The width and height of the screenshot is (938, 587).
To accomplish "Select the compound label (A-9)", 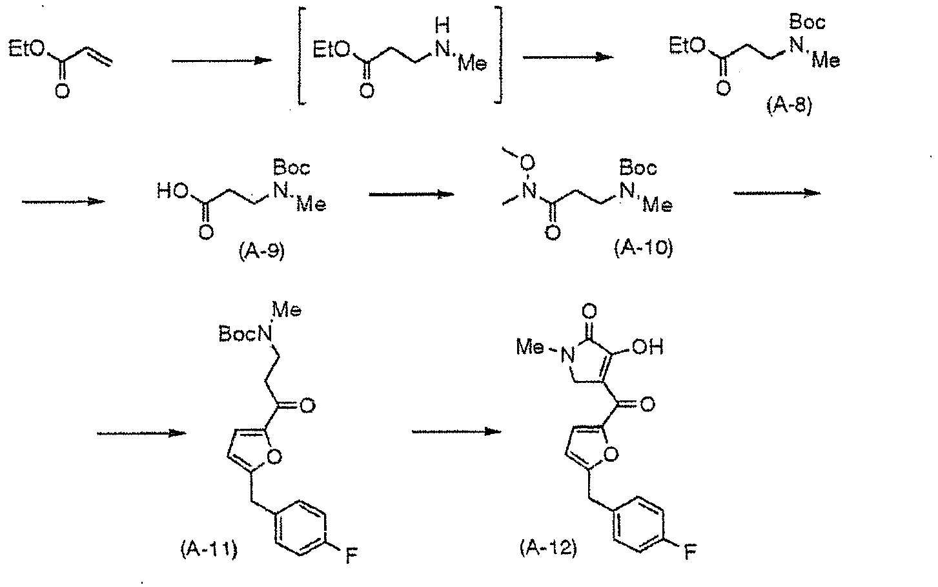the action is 261,251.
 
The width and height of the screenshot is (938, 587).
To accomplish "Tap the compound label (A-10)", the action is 644,248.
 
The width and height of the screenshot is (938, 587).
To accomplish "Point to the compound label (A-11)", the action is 209,548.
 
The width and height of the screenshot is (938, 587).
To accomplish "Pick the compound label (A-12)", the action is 549,548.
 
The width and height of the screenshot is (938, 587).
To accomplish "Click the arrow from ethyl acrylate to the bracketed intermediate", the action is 222,61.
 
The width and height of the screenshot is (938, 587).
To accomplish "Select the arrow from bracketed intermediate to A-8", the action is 568,57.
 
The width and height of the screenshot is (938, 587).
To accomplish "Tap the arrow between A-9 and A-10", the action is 412,194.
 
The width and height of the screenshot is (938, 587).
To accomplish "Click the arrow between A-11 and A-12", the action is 456,431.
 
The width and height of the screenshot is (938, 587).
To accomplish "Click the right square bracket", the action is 499,55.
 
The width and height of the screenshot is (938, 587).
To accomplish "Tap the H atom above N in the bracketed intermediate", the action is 442,26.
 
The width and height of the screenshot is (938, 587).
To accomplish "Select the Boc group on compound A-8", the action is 807,22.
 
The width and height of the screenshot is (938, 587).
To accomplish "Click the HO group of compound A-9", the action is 172,192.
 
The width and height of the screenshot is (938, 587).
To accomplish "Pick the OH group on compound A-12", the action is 647,347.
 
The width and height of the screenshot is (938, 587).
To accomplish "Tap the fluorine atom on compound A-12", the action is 691,552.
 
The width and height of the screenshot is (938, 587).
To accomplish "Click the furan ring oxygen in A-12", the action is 612,455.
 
